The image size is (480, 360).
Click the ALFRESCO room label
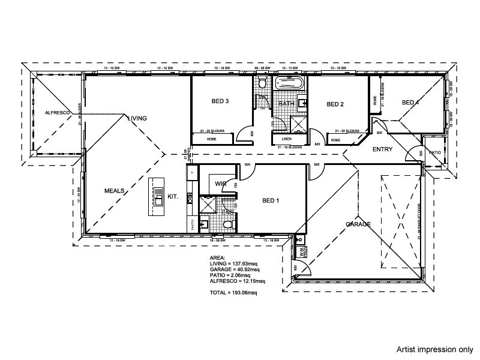coord(58,113)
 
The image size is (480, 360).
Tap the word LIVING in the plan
coord(137,119)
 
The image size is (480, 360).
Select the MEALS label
coord(114,190)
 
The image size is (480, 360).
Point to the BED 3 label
coord(220,101)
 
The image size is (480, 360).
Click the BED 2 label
coord(335,104)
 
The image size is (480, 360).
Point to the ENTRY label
coord(382,149)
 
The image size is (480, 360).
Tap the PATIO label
coord(435,152)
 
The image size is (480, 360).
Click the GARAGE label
coord(358,224)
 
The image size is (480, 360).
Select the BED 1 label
coord(271,200)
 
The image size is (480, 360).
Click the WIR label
coord(220,184)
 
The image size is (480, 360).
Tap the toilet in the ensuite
coord(226,224)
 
